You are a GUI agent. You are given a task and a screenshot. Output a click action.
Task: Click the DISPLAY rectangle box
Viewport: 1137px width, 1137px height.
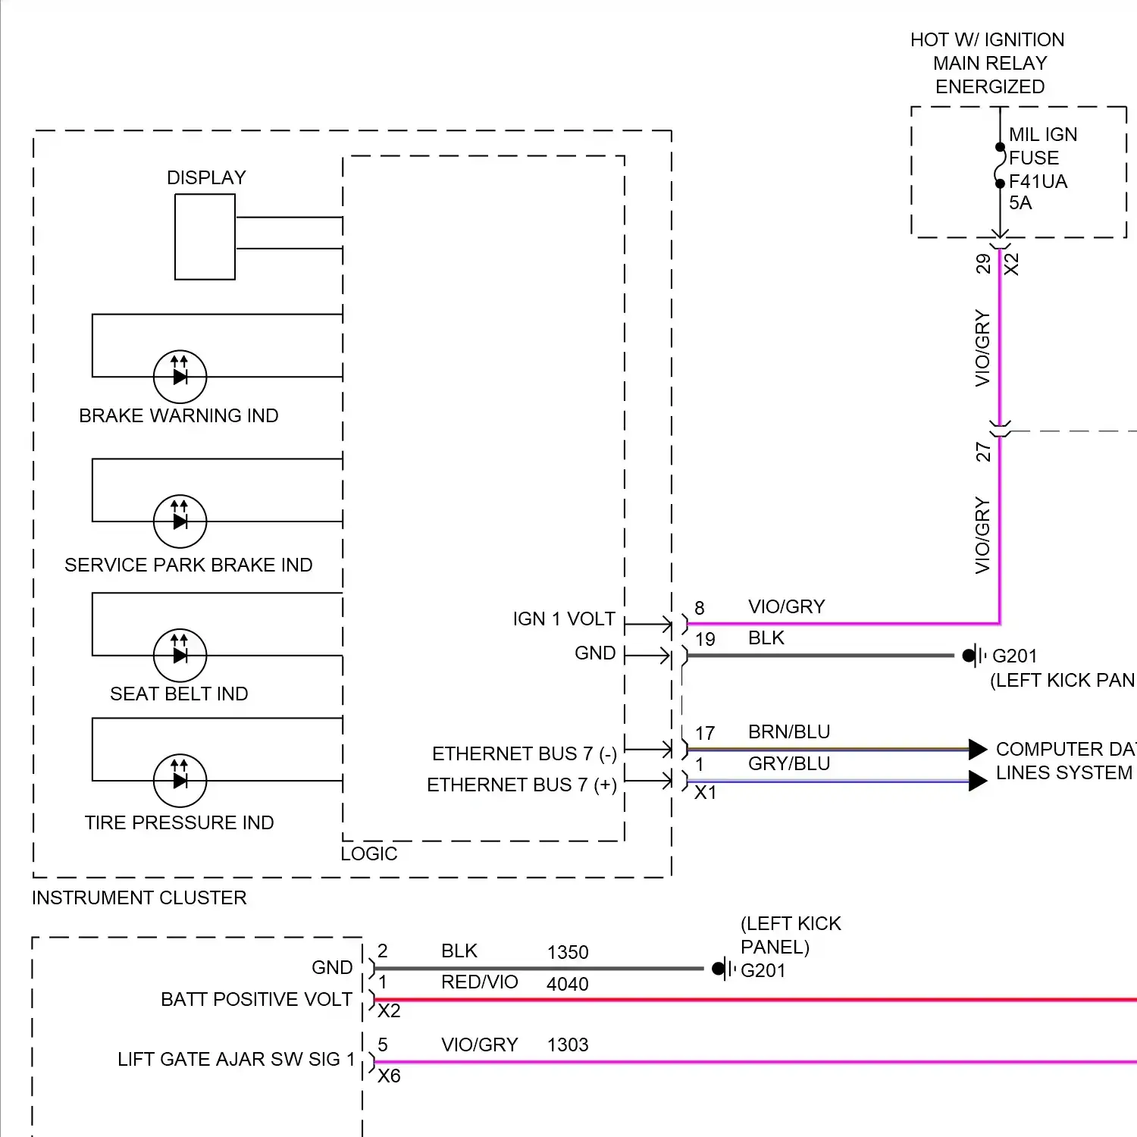point(205,236)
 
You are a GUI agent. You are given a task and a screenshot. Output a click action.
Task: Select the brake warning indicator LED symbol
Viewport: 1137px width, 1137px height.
point(180,376)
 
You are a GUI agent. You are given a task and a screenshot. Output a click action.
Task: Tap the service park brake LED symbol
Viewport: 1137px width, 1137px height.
point(180,521)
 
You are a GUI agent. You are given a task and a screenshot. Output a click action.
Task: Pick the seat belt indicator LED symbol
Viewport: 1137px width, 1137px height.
point(180,655)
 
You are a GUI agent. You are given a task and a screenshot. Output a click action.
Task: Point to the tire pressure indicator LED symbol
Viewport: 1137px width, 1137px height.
point(180,780)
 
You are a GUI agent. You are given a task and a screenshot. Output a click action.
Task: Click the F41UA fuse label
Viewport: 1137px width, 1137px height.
point(1038,181)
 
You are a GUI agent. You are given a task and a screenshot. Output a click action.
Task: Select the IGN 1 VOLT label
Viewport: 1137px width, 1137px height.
point(563,619)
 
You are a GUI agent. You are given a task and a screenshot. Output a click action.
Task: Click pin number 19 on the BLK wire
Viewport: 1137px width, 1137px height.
point(705,639)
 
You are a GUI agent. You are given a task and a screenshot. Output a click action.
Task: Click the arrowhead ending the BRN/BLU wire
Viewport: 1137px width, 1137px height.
point(977,749)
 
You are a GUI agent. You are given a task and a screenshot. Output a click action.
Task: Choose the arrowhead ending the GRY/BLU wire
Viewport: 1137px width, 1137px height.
point(977,781)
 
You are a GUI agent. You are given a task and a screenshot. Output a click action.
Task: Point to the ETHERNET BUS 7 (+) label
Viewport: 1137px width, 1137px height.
point(522,785)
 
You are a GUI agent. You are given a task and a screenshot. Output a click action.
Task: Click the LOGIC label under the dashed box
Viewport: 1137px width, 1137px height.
point(368,854)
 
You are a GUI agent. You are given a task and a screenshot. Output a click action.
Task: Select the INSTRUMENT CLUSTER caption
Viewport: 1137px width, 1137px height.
point(139,898)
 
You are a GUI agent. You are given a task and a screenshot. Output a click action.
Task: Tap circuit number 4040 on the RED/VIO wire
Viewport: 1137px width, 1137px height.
point(567,984)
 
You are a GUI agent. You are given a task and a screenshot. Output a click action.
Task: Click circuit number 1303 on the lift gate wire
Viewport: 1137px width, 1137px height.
point(567,1045)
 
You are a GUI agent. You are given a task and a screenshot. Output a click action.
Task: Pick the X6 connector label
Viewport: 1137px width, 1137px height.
point(389,1076)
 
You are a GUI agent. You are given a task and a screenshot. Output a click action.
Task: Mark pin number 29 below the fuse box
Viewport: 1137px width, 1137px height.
point(983,264)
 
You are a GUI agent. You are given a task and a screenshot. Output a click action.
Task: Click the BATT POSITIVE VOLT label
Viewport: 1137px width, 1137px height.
point(256,999)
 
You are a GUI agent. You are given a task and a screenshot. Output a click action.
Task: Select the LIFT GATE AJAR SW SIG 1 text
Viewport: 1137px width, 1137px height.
point(236,1059)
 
